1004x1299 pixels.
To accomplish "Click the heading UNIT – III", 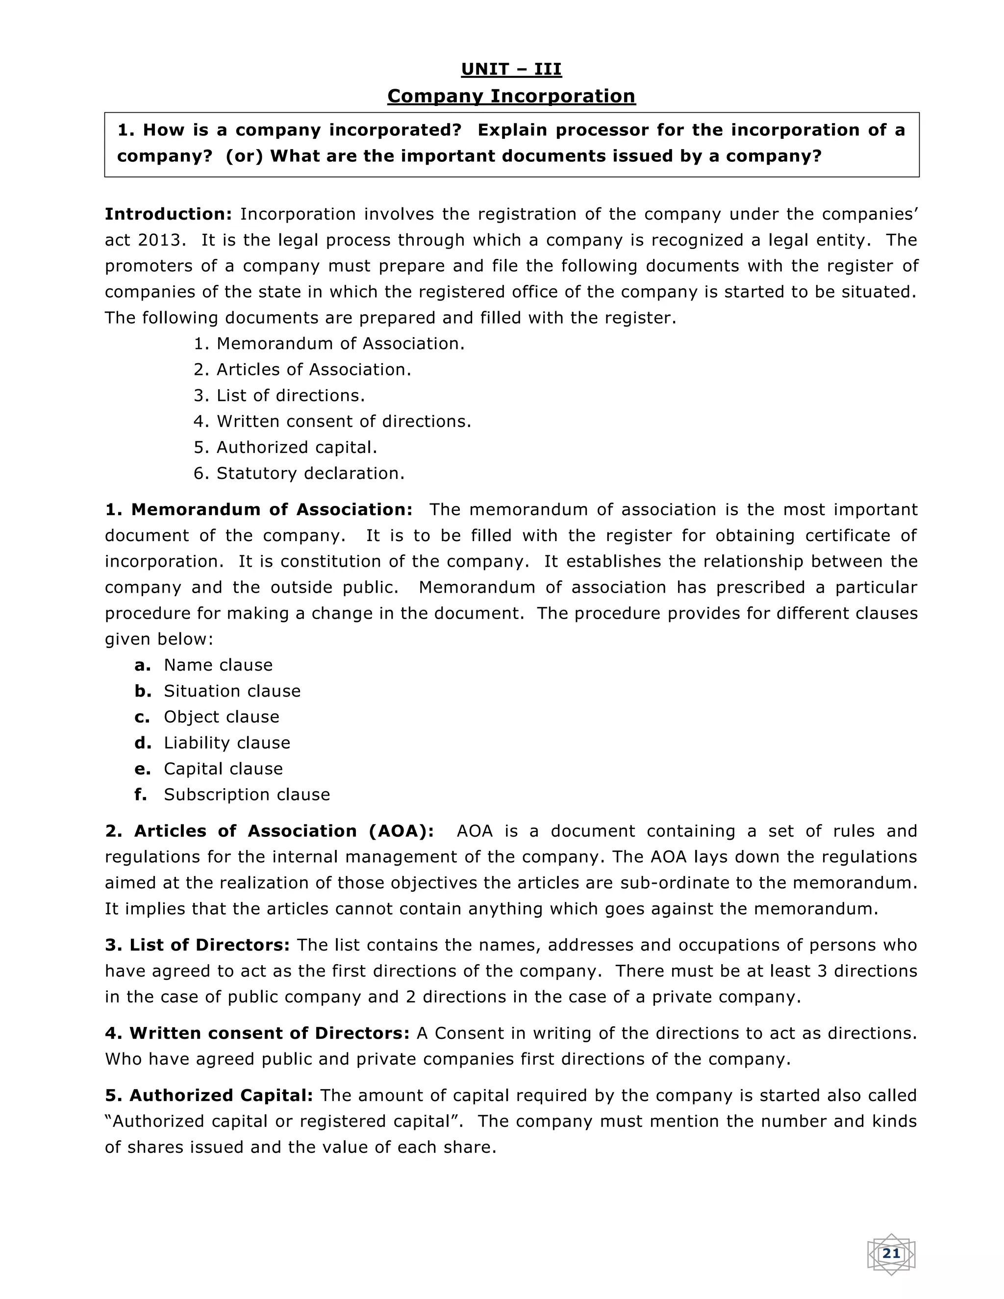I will (511, 70).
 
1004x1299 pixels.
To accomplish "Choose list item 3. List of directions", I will (279, 396).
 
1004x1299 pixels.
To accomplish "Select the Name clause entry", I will (218, 665).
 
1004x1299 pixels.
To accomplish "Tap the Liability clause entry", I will (226, 743).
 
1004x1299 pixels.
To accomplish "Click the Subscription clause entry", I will (246, 795).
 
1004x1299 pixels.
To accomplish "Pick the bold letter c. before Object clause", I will (142, 717).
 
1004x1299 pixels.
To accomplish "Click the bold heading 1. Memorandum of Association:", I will (259, 510).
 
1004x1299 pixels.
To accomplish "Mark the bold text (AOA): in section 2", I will (402, 831).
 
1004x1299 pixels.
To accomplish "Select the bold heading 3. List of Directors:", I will (198, 945).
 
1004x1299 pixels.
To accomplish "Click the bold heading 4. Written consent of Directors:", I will (257, 1033).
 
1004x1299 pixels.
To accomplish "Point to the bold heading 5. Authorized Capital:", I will (209, 1096).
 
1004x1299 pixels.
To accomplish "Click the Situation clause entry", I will (232, 691).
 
